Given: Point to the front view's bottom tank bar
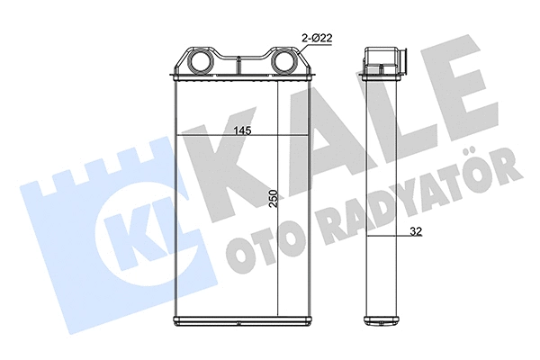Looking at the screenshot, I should point(241,321).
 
